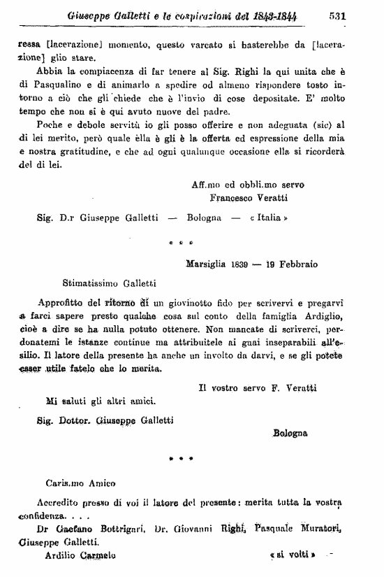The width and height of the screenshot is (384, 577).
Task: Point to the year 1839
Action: (x=248, y=264)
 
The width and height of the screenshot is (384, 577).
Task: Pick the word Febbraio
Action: (x=297, y=264)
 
